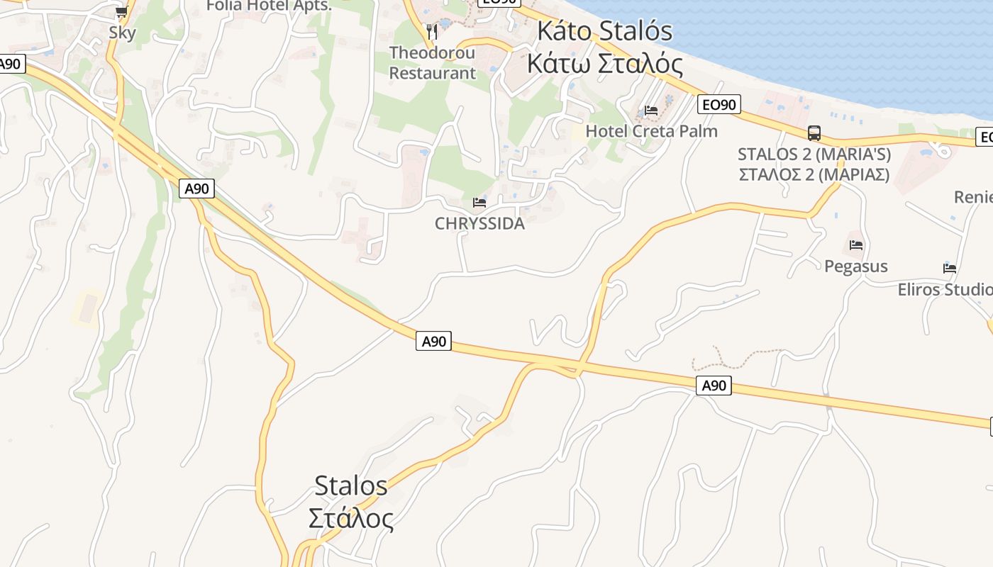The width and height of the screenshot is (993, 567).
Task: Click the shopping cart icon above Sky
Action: coord(121,12)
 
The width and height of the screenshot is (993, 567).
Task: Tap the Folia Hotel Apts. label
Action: coord(269,6)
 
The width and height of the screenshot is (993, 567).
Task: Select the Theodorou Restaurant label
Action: coord(433,62)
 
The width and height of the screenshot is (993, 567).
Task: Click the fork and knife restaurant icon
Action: coord(431,32)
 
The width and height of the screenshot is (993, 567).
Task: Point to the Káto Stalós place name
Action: coord(604,31)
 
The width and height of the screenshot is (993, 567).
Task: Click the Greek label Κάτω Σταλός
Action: coord(604,64)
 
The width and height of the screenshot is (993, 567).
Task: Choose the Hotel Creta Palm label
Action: coord(651,131)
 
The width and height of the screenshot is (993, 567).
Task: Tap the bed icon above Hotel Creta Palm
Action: coord(651,111)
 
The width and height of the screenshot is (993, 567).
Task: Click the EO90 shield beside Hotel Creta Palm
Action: coord(719,105)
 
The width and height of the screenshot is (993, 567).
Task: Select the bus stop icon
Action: coord(814,133)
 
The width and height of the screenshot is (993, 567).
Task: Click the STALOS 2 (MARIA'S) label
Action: coord(814,154)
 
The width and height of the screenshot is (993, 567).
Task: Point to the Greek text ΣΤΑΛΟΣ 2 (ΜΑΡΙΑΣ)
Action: coord(814,174)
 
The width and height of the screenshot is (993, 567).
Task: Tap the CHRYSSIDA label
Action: coord(479,223)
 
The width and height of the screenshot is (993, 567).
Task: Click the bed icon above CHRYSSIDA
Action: coord(479,203)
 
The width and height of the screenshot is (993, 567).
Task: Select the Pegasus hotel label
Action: coord(855,266)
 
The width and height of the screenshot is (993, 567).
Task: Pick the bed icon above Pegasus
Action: coord(856,246)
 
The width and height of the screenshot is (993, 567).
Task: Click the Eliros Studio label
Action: coord(945,289)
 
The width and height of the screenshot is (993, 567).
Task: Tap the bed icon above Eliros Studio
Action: coord(950,269)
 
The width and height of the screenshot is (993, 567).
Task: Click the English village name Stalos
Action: coord(350,485)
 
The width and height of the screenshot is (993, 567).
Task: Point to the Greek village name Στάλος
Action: coord(350,518)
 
